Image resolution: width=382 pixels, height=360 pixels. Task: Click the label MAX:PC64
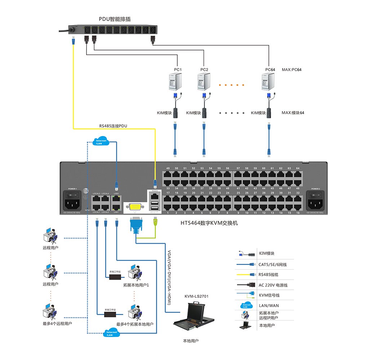tap(292, 69)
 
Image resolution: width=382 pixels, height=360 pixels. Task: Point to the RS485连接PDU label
tap(113, 126)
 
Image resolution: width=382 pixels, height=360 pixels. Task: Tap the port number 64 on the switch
tap(298, 168)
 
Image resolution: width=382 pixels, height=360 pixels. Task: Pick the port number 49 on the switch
tap(168, 168)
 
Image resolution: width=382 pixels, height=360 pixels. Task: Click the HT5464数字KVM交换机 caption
tap(209, 223)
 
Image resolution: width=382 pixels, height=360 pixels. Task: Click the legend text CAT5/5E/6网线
tap(273, 265)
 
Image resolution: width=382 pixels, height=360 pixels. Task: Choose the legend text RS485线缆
tap(268, 275)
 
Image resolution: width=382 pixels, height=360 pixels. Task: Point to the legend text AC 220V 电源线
tap(273, 285)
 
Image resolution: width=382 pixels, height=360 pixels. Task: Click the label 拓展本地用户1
tap(136, 285)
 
